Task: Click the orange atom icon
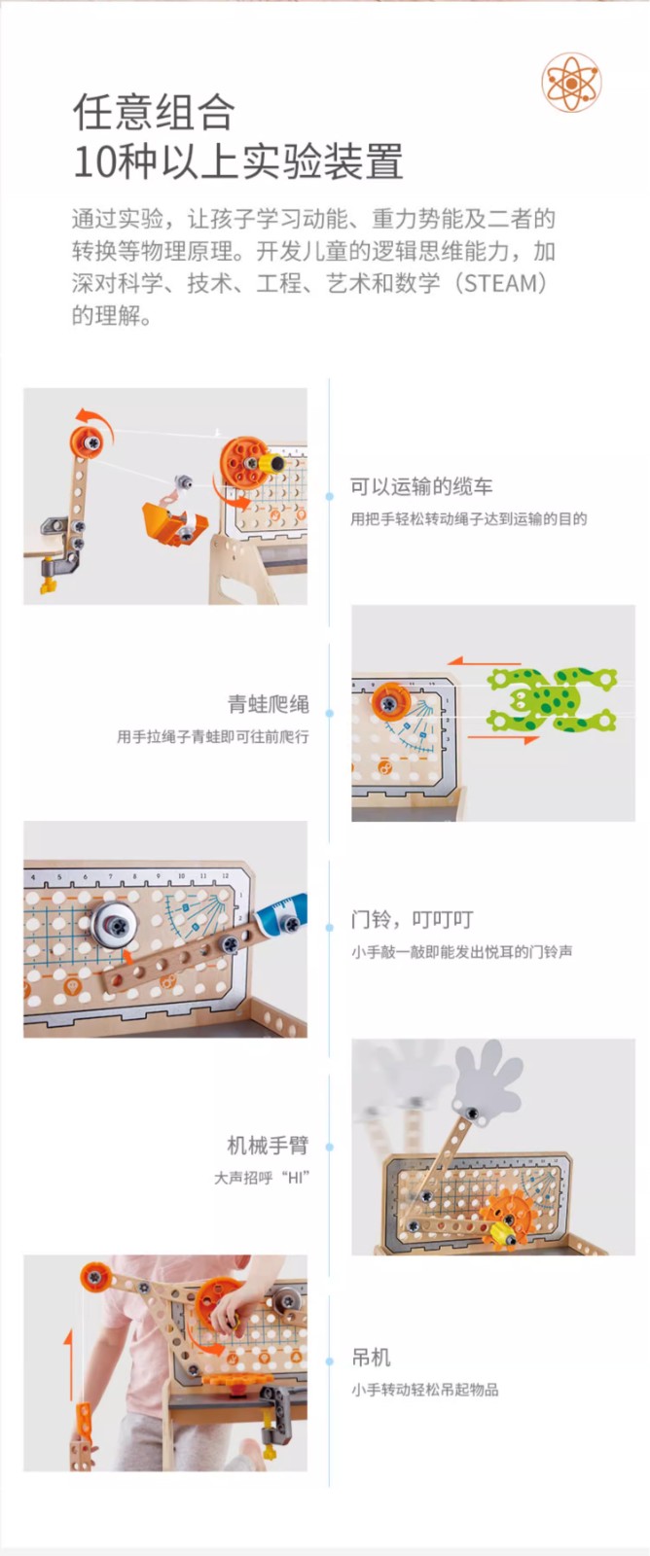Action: pyautogui.click(x=571, y=83)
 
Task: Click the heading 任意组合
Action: pyautogui.click(x=155, y=113)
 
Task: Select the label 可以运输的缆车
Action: pyautogui.click(x=421, y=486)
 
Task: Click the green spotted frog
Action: pyautogui.click(x=552, y=699)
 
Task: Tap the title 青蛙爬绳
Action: pyautogui.click(x=269, y=704)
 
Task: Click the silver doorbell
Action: pyautogui.click(x=115, y=925)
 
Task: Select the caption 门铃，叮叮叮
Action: pyautogui.click(x=413, y=920)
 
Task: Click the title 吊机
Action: pyautogui.click(x=372, y=1357)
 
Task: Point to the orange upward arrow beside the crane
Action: pyautogui.click(x=69, y=1364)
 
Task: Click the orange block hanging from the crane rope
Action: pyautogui.click(x=82, y=1435)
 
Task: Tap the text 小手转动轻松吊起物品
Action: pyautogui.click(x=425, y=1390)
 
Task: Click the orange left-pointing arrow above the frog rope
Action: pyautogui.click(x=484, y=662)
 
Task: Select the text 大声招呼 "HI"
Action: pyautogui.click(x=262, y=1178)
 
